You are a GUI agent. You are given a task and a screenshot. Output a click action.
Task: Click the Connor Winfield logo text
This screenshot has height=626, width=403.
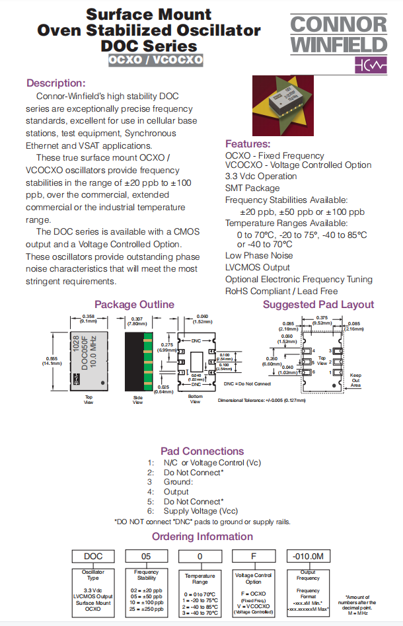coord(338,35)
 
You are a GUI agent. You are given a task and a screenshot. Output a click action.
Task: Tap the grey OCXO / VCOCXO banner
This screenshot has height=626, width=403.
coord(156,60)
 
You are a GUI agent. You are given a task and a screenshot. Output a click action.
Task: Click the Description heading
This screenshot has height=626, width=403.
coord(55,83)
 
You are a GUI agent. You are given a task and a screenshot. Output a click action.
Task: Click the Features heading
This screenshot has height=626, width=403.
coord(248,144)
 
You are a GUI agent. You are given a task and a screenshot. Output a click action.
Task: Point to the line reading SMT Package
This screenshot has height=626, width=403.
coord(252,188)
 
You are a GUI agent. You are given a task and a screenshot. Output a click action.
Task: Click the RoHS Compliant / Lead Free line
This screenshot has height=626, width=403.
coord(281,291)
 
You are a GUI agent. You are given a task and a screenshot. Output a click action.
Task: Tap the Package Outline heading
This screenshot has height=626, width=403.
coord(134,305)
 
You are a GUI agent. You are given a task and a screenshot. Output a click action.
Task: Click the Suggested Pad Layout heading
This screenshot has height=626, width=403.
coord(318,305)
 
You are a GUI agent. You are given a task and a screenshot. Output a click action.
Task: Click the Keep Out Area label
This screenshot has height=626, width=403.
coord(355,379)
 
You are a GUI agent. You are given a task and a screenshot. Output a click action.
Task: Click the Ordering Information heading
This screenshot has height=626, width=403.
coord(202,537)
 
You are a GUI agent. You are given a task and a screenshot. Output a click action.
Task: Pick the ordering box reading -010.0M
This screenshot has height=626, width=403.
coord(308,556)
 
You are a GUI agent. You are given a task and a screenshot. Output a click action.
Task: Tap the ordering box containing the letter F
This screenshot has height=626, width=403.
coord(254,557)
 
